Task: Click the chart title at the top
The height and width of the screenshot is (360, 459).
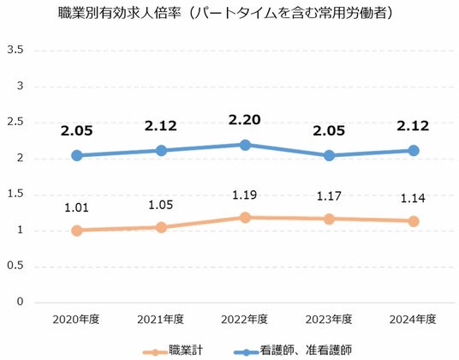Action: (x=225, y=13)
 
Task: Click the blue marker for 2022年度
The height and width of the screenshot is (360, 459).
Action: (x=245, y=145)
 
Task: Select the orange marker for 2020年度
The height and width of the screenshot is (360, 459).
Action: (x=77, y=231)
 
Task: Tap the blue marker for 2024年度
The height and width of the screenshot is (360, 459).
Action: (x=414, y=151)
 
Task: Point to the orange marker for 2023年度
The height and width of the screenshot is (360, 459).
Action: (x=329, y=219)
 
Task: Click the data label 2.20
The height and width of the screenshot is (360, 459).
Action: (x=244, y=120)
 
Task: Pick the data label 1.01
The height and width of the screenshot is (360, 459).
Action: (x=76, y=207)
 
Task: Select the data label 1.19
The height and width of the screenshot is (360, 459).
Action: (x=244, y=195)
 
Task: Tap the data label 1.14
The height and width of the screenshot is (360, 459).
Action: (x=413, y=198)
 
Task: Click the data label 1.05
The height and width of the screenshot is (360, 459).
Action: (x=160, y=205)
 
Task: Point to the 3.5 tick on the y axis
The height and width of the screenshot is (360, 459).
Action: (x=15, y=50)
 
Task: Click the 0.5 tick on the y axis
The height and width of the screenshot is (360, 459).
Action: (x=15, y=266)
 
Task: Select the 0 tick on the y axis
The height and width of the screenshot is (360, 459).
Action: (x=20, y=301)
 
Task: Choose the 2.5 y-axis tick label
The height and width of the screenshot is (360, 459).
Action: (x=15, y=122)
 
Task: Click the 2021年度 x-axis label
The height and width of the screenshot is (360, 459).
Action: (x=160, y=319)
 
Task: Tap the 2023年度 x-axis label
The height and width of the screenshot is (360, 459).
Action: (x=329, y=319)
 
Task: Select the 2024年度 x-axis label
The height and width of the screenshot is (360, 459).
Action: (x=413, y=319)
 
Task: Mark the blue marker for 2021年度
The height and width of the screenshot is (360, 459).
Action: (x=161, y=151)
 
